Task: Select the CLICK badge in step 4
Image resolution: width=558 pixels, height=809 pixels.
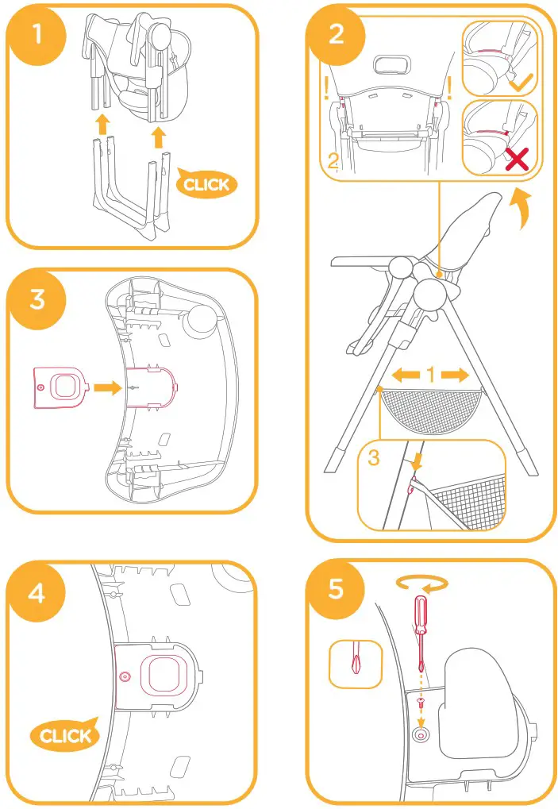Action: click(65, 735)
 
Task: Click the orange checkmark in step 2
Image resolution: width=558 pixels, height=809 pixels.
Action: click(520, 83)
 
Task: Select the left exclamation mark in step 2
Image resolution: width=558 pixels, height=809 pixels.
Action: click(325, 87)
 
